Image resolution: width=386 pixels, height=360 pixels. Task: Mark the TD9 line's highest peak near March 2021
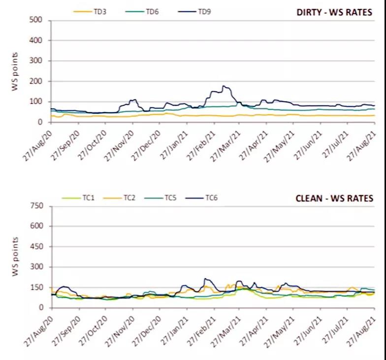(224, 86)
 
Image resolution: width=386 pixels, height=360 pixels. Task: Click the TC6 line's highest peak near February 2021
(205, 279)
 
